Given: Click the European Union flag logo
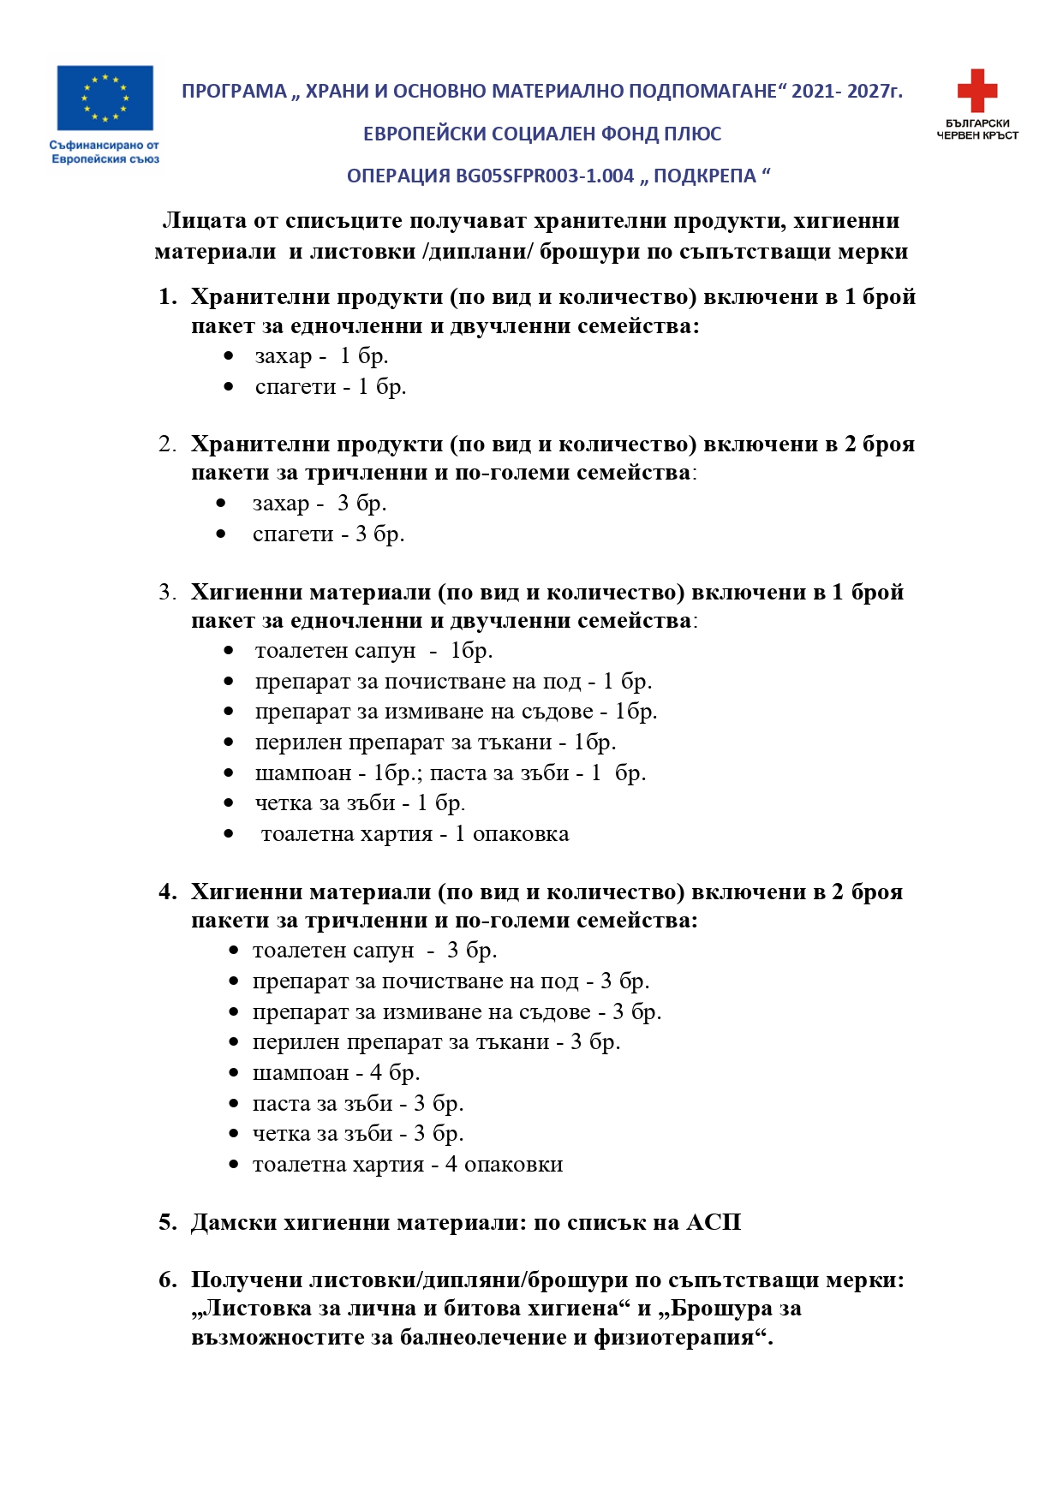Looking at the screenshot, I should click(105, 98).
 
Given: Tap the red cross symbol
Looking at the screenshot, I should click(976, 90).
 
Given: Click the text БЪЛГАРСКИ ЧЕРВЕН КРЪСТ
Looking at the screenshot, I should click(977, 129).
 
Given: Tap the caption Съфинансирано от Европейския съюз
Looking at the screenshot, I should click(105, 152).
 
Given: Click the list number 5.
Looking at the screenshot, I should click(167, 1222).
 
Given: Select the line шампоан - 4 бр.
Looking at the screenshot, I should click(336, 1073).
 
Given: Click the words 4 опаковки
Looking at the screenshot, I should click(504, 1165).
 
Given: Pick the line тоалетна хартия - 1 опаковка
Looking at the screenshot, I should click(415, 834).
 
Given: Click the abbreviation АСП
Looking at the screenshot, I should click(713, 1222).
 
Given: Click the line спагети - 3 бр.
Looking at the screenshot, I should click(328, 534).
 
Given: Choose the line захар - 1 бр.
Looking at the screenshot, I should click(321, 356).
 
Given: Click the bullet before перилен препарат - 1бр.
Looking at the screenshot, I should click(229, 743).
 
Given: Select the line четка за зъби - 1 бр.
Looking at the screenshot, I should click(360, 803).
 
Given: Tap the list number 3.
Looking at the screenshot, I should click(166, 593).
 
